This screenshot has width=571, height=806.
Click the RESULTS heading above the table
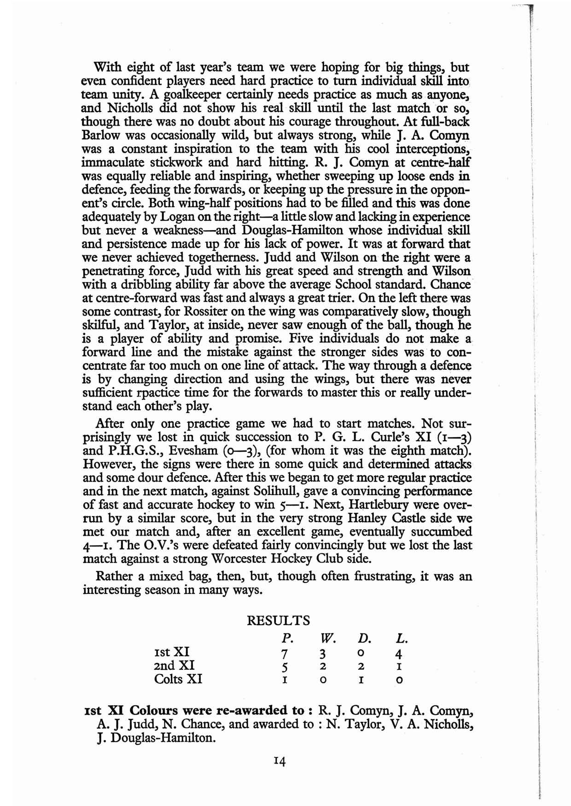click(x=279, y=621)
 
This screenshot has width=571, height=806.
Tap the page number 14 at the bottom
click(x=279, y=761)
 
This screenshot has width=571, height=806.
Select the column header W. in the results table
click(x=327, y=639)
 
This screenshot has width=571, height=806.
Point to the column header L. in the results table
click(x=402, y=639)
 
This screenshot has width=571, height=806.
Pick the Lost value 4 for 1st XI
click(x=399, y=653)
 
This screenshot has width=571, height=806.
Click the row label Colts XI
click(x=178, y=679)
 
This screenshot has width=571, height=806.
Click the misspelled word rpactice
click(x=159, y=393)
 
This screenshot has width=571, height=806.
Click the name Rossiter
click(x=190, y=312)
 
